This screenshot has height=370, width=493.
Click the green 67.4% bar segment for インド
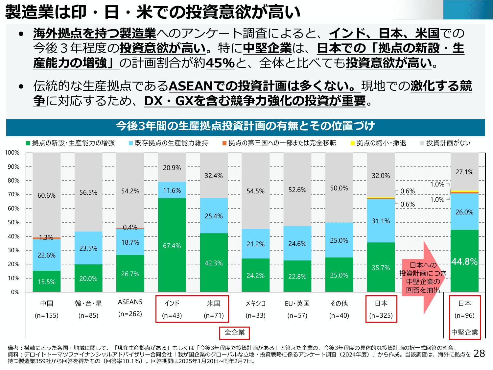pos(172,245)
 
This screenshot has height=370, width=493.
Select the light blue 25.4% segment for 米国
pos(214,216)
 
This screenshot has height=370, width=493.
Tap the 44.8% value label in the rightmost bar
pos(464,261)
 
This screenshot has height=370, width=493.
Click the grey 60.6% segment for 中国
pos(47,195)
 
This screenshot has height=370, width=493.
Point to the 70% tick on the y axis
pos(13,194)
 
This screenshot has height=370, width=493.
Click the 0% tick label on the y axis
pos(15,292)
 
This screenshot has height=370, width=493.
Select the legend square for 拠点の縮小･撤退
pos(353,143)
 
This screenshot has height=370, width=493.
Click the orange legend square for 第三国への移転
pos(224,143)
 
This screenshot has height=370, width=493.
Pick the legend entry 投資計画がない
pos(448,143)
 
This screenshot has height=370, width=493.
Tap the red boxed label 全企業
pos(234,333)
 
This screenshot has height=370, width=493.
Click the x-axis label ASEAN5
pos(130,302)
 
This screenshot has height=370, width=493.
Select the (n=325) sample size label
pos(381,315)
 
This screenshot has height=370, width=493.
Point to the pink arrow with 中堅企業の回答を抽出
pos(423,277)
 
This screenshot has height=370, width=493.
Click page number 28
pos(479,353)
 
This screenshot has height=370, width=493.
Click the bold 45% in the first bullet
pos(220,63)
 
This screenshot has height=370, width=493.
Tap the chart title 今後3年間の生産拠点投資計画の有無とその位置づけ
pos(245,126)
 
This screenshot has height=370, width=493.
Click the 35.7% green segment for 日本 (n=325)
pos(381,267)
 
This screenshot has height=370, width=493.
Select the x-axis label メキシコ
pos(255,303)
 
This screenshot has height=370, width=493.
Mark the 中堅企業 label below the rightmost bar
pos(464,332)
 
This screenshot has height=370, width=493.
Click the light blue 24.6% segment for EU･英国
pos(297,243)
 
